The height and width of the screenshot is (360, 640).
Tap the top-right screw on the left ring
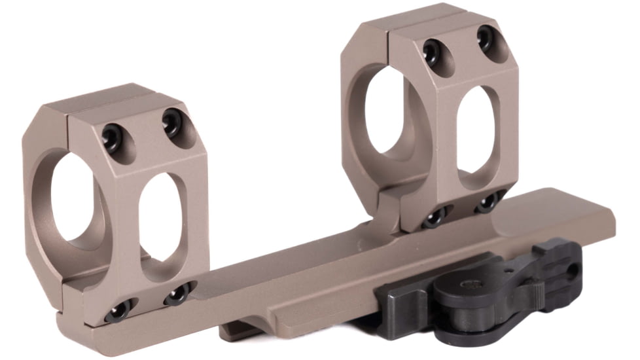[173, 121]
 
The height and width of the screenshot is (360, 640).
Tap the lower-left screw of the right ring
[436, 217]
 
